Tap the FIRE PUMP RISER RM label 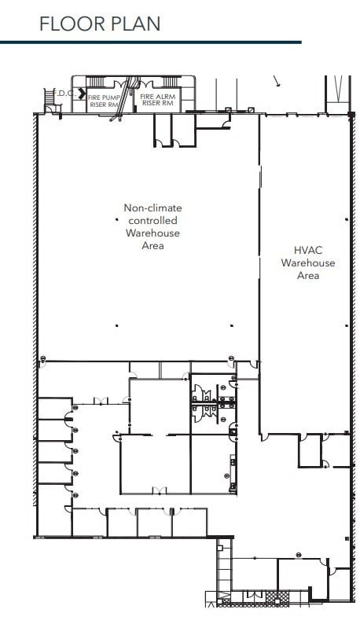[x=104, y=100]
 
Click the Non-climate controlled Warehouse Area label [x=152, y=227]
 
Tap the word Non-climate [x=152, y=208]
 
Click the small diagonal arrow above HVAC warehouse [x=277, y=80]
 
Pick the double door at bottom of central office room [x=160, y=491]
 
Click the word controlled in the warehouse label [x=152, y=221]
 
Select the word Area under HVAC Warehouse [x=308, y=276]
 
